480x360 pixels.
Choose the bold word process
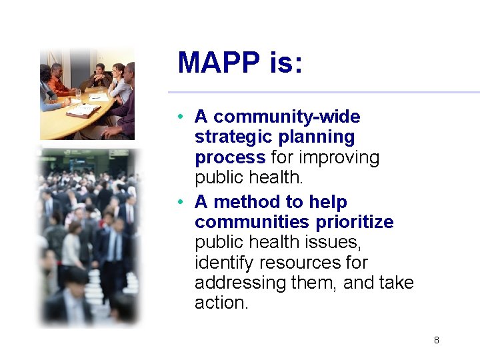click(x=230, y=158)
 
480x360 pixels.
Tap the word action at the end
click(x=221, y=303)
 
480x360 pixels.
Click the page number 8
click(x=437, y=341)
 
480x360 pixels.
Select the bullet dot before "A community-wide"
click(x=181, y=118)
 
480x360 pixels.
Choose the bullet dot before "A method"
click(x=181, y=203)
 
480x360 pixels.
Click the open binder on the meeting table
click(x=84, y=110)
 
